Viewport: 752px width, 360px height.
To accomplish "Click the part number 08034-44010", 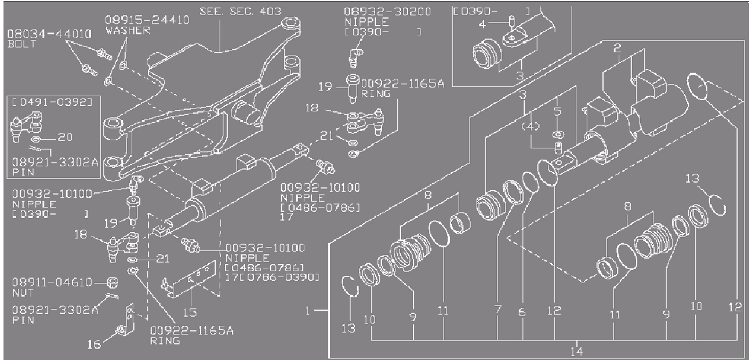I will pyautogui.click(x=49, y=34).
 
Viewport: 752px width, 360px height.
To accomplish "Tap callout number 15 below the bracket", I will pyautogui.click(x=190, y=312).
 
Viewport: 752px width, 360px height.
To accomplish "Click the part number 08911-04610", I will pyautogui.click(x=52, y=283).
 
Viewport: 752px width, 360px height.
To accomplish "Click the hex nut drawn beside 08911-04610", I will pyautogui.click(x=114, y=283).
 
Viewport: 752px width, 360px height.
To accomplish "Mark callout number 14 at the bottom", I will pyautogui.click(x=576, y=350).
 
